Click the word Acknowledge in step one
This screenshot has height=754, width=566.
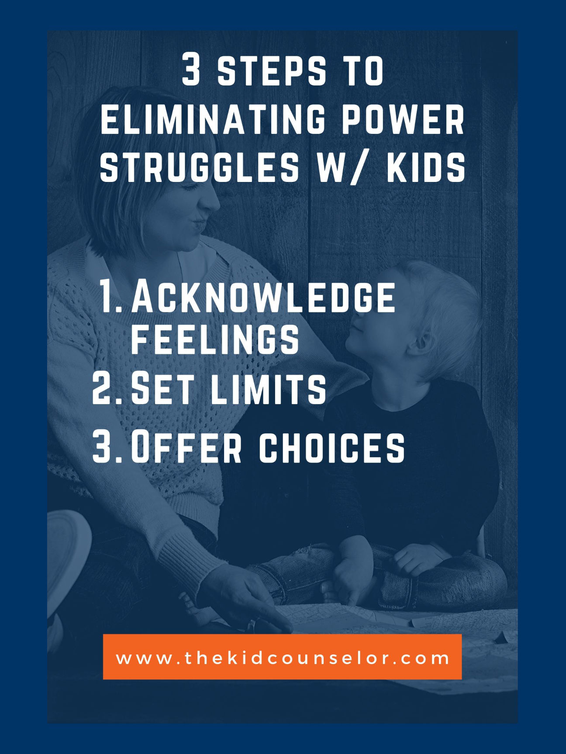coord(263,297)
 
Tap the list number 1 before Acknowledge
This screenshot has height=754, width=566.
coord(106,297)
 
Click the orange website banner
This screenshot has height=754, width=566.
coord(282,657)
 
